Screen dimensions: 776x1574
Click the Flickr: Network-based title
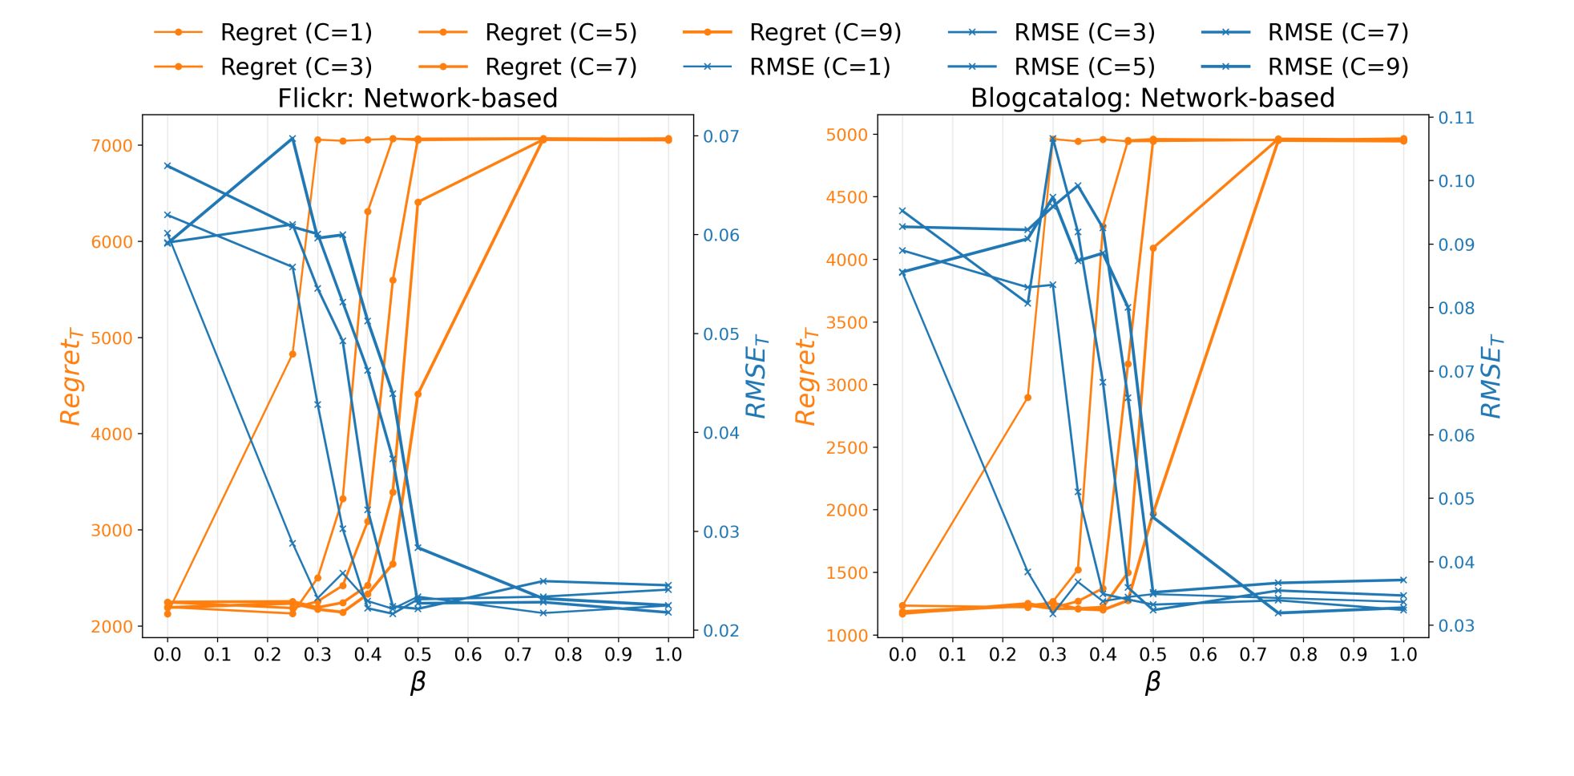tap(417, 98)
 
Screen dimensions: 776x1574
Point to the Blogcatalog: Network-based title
tap(1152, 98)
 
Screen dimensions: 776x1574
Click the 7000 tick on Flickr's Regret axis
tap(111, 146)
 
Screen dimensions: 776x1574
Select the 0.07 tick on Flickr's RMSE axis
tap(721, 136)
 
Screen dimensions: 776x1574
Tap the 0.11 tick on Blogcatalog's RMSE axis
tap(1456, 118)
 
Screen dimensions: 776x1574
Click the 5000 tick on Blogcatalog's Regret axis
tap(846, 135)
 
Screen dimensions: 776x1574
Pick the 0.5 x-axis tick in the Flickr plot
tap(418, 655)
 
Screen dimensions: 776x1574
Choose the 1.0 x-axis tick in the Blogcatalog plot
tap(1403, 655)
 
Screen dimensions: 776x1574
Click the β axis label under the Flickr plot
tap(418, 682)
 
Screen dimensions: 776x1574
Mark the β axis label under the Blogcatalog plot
tap(1152, 682)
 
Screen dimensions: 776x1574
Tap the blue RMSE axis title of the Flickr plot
tap(757, 376)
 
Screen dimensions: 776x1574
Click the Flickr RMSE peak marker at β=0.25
tap(293, 139)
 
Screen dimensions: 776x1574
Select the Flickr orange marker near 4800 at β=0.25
tap(293, 354)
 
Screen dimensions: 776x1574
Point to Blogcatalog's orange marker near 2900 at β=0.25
tap(1027, 398)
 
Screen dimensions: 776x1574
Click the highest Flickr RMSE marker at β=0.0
tap(167, 166)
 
